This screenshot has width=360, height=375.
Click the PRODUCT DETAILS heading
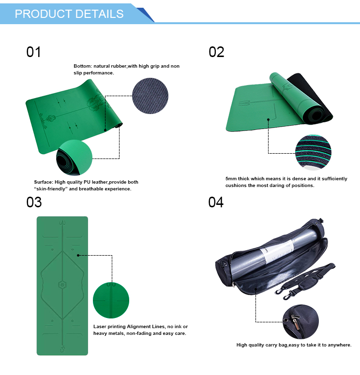[x=69, y=14]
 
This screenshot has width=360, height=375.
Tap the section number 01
[x=33, y=52]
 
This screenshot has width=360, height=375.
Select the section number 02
[x=216, y=52]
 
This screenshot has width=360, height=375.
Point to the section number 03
[x=34, y=202]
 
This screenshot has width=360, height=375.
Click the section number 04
[x=216, y=202]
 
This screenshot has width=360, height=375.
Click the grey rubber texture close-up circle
[x=150, y=96]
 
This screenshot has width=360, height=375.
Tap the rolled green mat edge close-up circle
[x=74, y=158]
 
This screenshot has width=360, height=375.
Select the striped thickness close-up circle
[x=313, y=152]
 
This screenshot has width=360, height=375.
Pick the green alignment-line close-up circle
[x=111, y=300]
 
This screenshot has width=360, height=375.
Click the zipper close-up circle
[x=300, y=322]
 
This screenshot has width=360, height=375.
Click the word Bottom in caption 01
[x=82, y=66]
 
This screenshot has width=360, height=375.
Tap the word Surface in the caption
[x=44, y=182]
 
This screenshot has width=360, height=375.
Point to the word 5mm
[x=231, y=179]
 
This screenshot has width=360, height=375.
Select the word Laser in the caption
[x=100, y=327]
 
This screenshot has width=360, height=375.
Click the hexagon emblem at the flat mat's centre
[x=62, y=285]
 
